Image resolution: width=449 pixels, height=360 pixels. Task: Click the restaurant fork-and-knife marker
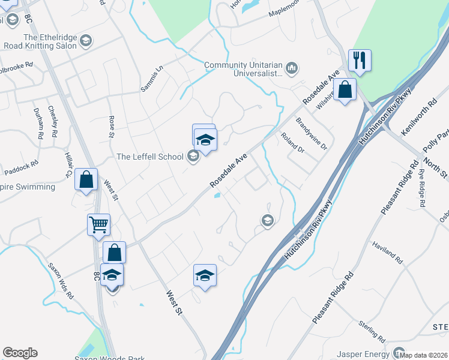click(360, 60)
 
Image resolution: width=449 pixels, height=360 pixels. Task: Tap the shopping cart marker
click(98, 225)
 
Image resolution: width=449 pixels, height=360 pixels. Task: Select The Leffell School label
click(149, 157)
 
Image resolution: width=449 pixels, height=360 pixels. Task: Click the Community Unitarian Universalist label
click(243, 70)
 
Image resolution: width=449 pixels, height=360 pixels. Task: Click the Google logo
click(20, 353)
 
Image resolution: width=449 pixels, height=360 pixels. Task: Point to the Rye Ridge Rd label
click(423, 187)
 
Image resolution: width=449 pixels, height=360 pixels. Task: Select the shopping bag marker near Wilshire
click(346, 90)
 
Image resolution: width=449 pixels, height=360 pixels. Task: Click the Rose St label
click(111, 127)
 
